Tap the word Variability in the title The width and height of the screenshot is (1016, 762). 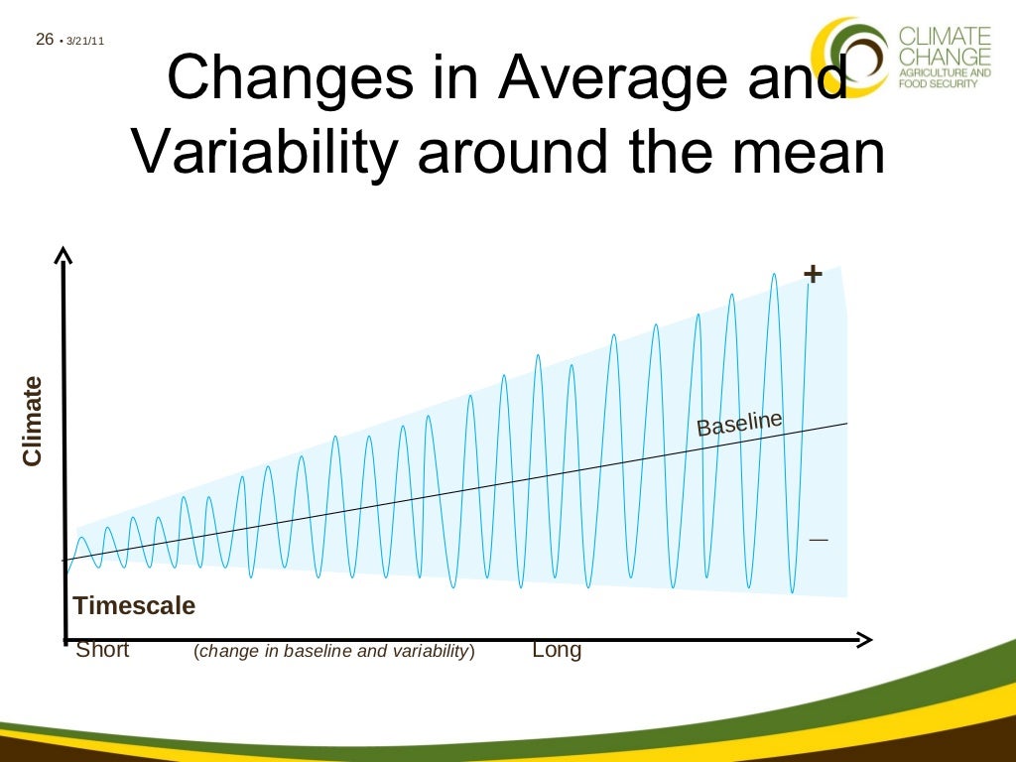264,151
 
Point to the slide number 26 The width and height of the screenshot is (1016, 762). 43,40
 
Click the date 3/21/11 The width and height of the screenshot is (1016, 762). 86,41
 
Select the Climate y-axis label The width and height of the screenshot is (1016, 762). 33,422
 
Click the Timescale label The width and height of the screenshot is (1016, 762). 134,605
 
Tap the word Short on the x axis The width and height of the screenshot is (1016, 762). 102,651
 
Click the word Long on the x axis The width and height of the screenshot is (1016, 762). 557,651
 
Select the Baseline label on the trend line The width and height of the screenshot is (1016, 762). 739,424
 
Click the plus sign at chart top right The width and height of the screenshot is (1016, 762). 813,274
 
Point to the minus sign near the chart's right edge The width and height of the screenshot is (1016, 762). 818,539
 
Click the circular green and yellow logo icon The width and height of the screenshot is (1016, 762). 849,55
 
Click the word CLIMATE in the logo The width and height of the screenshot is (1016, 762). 944,36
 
